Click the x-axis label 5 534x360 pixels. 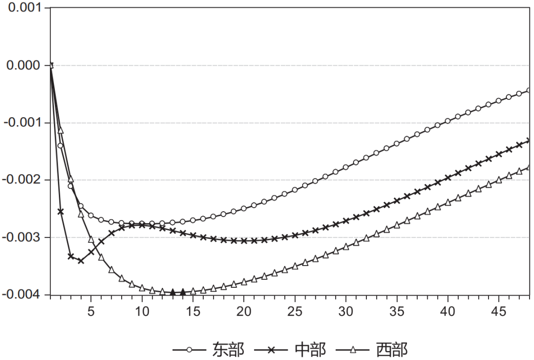[x=91, y=312]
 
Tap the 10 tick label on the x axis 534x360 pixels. [x=142, y=312]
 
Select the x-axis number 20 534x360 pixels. [x=244, y=312]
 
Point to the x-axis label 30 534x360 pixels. [x=346, y=312]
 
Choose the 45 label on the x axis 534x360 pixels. [x=498, y=312]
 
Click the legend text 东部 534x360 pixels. [x=228, y=350]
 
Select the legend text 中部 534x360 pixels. [x=311, y=350]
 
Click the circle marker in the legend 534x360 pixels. [x=189, y=350]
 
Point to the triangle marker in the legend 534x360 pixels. [x=353, y=350]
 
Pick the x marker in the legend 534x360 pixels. [x=271, y=350]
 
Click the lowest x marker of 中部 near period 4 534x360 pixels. [x=81, y=261]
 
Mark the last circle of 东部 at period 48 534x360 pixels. [x=529, y=90]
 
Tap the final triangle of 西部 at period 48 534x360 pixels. [x=529, y=167]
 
